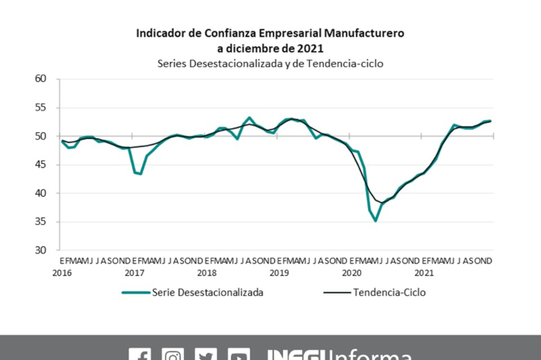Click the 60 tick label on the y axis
[41, 79]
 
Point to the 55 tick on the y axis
[41, 107]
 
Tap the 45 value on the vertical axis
[41, 165]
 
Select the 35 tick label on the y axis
[41, 222]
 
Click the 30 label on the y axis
[41, 250]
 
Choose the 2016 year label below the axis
[62, 273]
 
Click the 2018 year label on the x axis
[207, 273]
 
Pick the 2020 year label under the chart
[352, 273]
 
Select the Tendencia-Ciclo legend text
[389, 293]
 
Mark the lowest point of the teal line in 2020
[376, 221]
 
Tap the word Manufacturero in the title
[362, 34]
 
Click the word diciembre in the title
[260, 48]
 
